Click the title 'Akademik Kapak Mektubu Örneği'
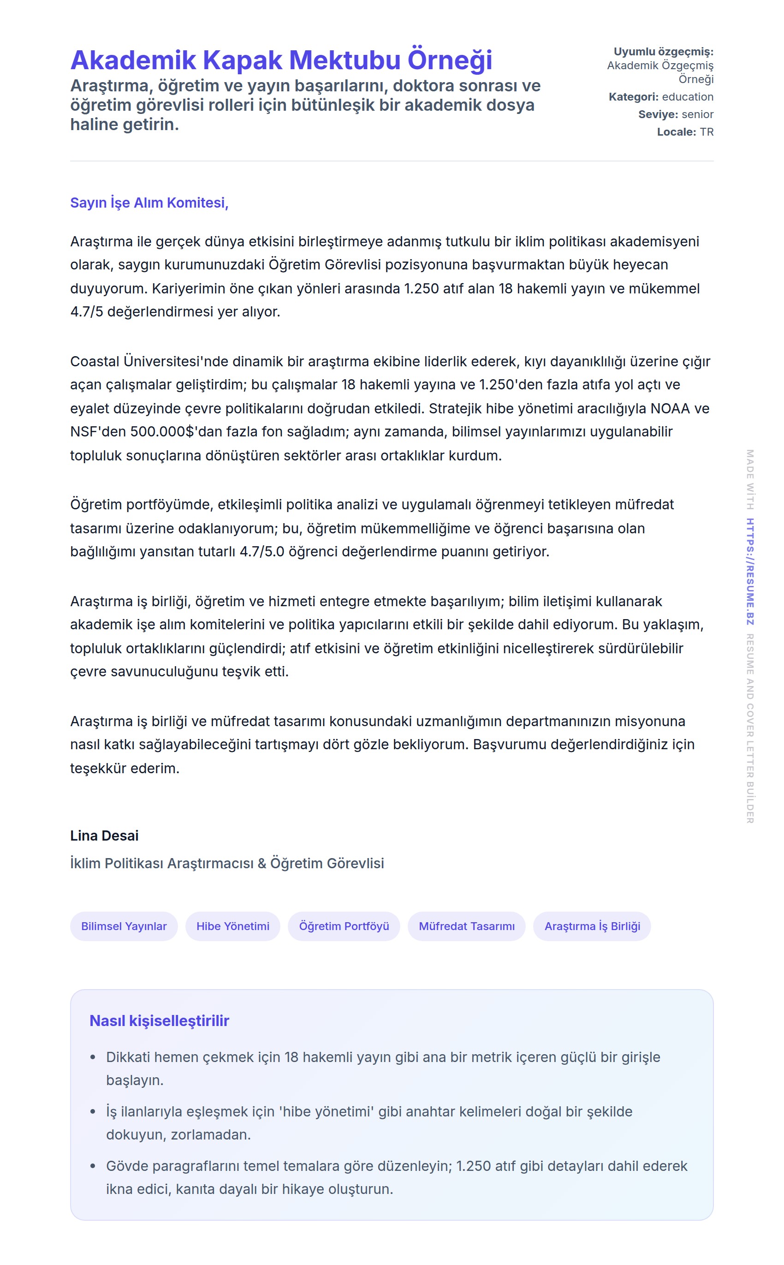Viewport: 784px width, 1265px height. pos(281,60)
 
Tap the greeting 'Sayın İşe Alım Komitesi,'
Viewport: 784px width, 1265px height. pos(149,203)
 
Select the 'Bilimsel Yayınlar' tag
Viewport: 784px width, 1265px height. pos(124,926)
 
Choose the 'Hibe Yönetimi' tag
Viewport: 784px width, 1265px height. pos(233,926)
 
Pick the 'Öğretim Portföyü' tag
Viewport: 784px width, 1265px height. pos(344,926)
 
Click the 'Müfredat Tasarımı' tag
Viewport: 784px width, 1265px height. pos(467,926)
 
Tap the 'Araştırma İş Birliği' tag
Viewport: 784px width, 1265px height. pos(592,926)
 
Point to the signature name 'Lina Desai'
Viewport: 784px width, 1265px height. pos(104,835)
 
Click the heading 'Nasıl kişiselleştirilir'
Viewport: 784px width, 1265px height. pos(159,1020)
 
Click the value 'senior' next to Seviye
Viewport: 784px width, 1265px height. pos(697,114)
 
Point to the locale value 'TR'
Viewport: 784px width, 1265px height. pos(706,132)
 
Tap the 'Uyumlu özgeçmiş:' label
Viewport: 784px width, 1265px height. pos(663,52)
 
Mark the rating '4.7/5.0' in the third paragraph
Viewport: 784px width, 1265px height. pos(262,551)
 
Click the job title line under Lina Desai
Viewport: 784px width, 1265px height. pos(227,863)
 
